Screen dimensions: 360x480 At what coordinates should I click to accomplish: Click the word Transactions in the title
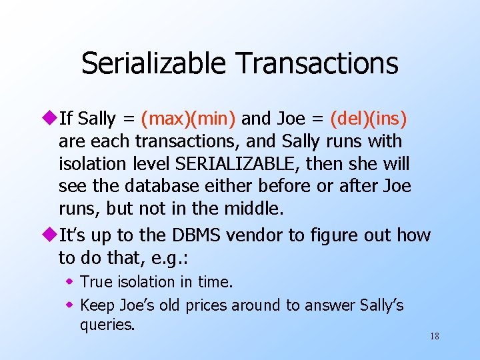[317, 64]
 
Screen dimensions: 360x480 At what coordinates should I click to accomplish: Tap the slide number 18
[434, 336]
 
